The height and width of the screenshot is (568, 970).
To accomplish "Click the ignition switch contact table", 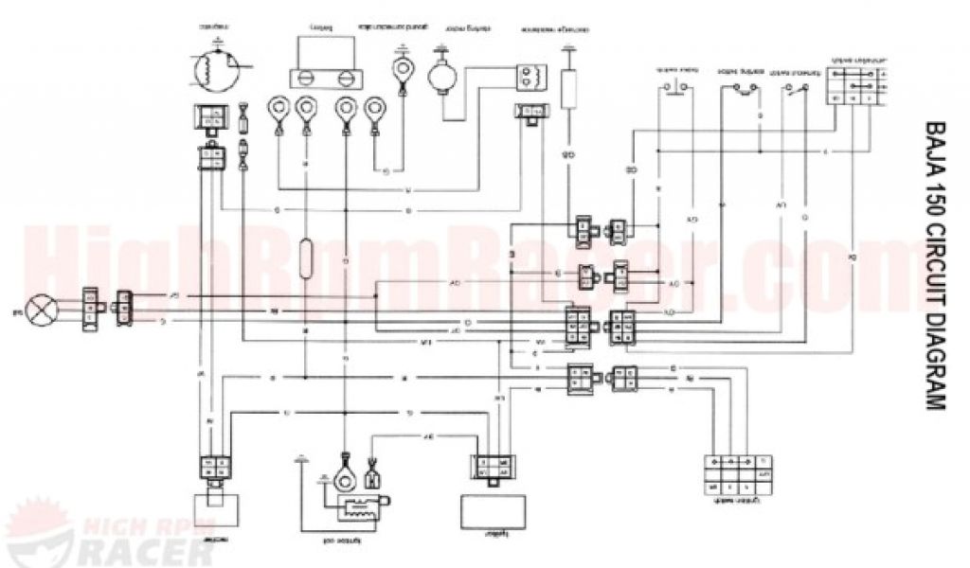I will click(738, 473).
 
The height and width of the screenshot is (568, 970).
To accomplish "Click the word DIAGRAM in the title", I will click(933, 361).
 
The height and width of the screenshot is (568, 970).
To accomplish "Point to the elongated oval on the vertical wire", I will click(305, 257).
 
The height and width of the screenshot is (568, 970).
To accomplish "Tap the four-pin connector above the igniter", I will click(493, 469).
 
